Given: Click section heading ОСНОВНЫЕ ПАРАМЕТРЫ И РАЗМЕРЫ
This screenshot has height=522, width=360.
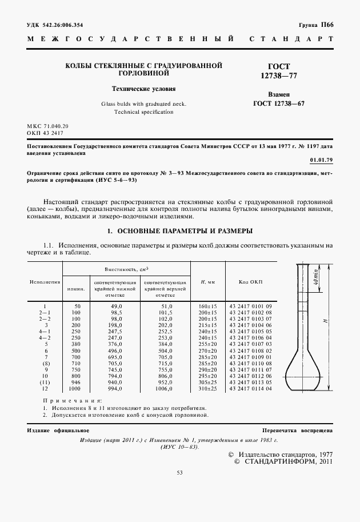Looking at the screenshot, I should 180,231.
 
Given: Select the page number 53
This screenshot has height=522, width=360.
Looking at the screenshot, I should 179,472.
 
